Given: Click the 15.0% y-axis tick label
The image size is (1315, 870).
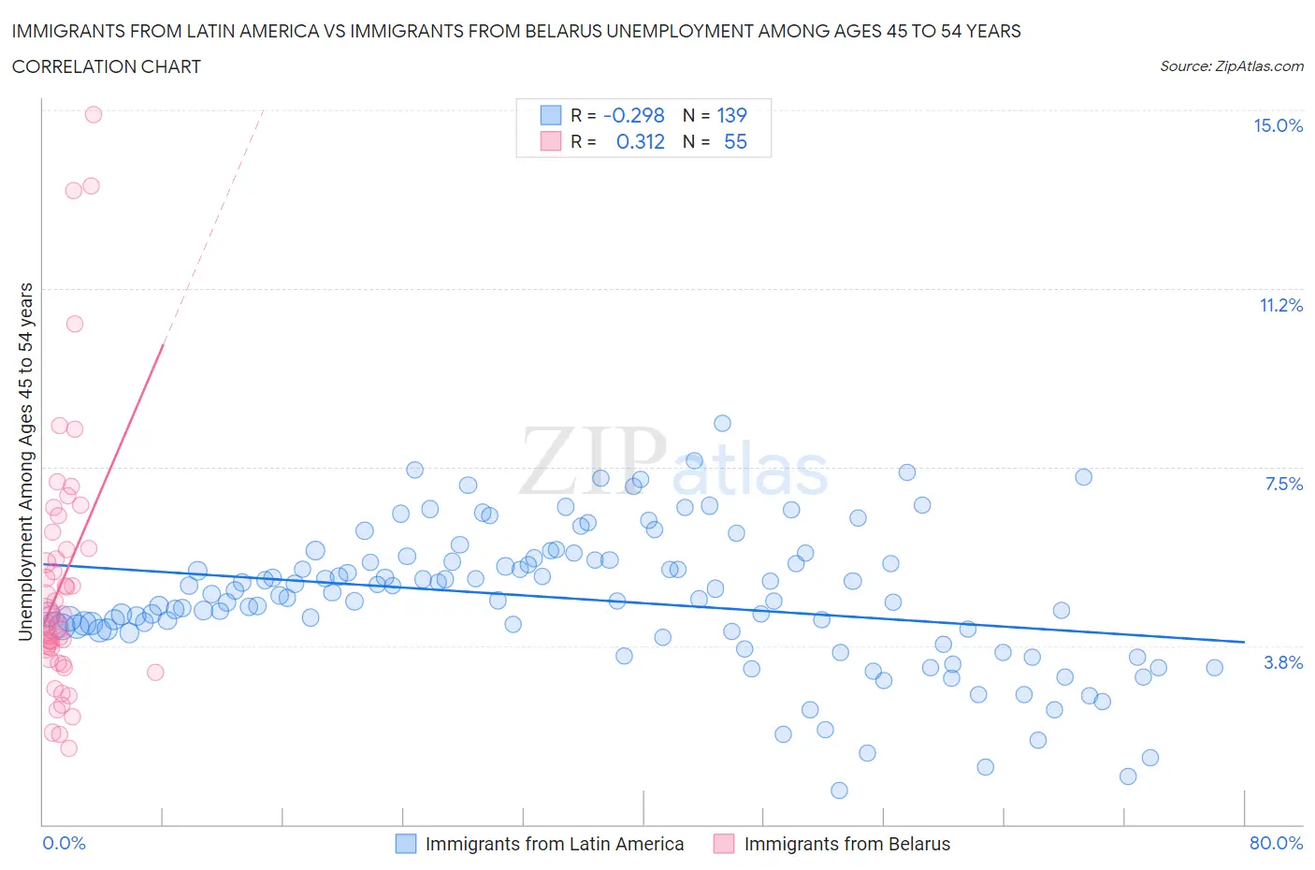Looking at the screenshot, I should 1278,126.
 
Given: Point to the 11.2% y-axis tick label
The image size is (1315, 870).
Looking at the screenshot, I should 1280,306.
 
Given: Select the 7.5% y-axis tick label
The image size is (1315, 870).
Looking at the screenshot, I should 1283,485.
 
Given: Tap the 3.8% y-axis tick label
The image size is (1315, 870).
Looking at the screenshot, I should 1283,663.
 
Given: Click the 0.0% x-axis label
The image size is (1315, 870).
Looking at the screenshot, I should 64,844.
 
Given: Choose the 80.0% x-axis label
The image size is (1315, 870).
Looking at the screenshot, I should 1276,844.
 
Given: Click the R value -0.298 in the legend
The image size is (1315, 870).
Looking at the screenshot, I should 633,116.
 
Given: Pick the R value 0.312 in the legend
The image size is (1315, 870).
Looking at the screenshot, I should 640,142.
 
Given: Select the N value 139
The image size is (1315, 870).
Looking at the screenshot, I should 731,116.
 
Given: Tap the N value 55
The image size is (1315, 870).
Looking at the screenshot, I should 735,142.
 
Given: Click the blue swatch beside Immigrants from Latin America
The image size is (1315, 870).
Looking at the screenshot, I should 406,844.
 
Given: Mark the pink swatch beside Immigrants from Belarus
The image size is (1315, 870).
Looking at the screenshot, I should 724,844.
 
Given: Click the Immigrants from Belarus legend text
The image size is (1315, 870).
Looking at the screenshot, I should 846,844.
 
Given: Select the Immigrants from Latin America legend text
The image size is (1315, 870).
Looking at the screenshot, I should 555,844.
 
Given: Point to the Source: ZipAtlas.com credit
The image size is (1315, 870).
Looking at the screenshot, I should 1231,66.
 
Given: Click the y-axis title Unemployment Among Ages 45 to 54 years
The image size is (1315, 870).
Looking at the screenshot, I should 25,461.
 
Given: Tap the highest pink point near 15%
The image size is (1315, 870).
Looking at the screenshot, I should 94,114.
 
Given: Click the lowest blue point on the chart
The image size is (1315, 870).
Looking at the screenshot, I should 839,790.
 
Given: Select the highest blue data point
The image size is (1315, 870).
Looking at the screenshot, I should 722,423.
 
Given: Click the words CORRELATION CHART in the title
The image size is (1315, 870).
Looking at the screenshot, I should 107,67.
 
